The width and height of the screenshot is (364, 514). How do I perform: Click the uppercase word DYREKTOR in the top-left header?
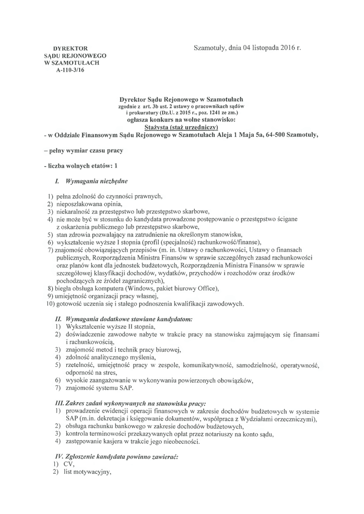(74, 48)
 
